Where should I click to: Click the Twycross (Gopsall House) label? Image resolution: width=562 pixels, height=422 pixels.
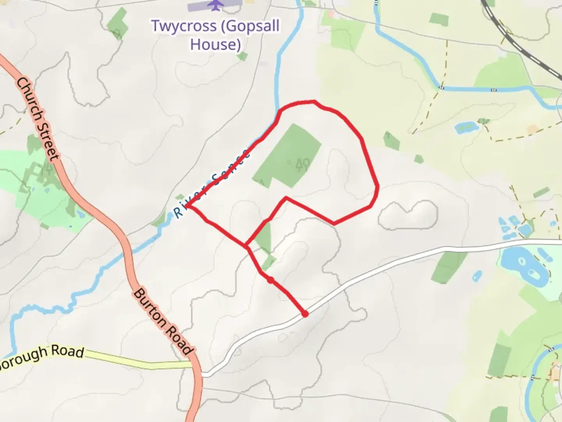(x=215, y=35)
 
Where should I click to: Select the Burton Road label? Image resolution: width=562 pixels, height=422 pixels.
(x=163, y=322)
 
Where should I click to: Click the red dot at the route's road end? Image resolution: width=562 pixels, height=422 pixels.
(x=305, y=313)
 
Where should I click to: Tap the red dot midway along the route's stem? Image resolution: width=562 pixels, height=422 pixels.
(x=270, y=280)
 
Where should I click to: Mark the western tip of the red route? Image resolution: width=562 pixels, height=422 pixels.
(x=187, y=205)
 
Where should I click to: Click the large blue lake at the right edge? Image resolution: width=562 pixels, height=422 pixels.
(x=521, y=266)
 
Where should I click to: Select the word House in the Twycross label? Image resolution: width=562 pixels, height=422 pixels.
(x=215, y=45)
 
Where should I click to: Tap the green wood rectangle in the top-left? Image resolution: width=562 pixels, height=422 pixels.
(x=117, y=23)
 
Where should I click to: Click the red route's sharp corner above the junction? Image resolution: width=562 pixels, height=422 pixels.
(x=286, y=198)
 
